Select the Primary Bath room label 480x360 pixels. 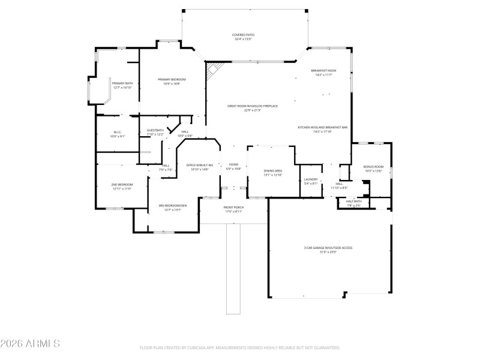pos(122,85)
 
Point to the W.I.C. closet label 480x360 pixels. pos(118,134)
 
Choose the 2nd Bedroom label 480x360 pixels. pos(122,187)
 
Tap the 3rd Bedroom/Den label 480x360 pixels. pos(173,208)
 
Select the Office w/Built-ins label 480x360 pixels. pos(199,167)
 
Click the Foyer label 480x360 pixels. pos(233,166)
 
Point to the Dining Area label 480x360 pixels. pos(273,173)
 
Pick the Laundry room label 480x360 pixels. pos(310,181)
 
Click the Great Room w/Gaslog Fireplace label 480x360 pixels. pos(252,108)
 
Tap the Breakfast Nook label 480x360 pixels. pos(323,73)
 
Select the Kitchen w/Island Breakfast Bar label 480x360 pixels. pos(323,129)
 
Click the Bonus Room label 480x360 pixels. pos(373,169)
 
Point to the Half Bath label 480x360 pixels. pos(353,203)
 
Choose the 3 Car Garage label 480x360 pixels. pos(328,250)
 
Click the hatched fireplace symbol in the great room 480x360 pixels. pos(212,72)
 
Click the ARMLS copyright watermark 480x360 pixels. pos(30,344)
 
